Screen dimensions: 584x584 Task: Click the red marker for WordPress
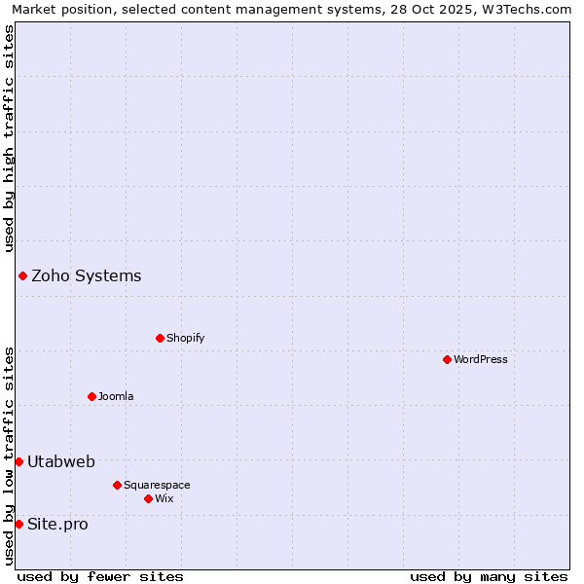coord(447,359)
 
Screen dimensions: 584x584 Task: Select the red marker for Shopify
coord(160,338)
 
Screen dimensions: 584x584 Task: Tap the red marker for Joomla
coord(91,396)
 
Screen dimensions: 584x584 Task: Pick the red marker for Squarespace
coord(117,485)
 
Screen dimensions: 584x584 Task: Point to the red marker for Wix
coord(148,498)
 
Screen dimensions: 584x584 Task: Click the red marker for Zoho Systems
coord(22,275)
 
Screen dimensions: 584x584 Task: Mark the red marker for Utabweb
coord(18,461)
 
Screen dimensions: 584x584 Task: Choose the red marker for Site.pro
coord(18,524)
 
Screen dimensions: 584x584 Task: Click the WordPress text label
coord(481,359)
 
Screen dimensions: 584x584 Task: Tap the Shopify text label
coord(185,338)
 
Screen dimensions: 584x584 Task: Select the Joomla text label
coord(116,396)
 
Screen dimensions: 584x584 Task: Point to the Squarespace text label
coord(157,485)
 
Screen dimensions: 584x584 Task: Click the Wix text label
coord(164,498)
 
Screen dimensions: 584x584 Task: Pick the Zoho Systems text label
coord(87,275)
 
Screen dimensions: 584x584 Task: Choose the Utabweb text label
coord(61,461)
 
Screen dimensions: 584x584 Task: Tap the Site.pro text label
coord(57,524)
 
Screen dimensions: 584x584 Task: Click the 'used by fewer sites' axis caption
coord(100,576)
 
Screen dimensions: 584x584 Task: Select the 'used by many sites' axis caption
coord(489,576)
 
